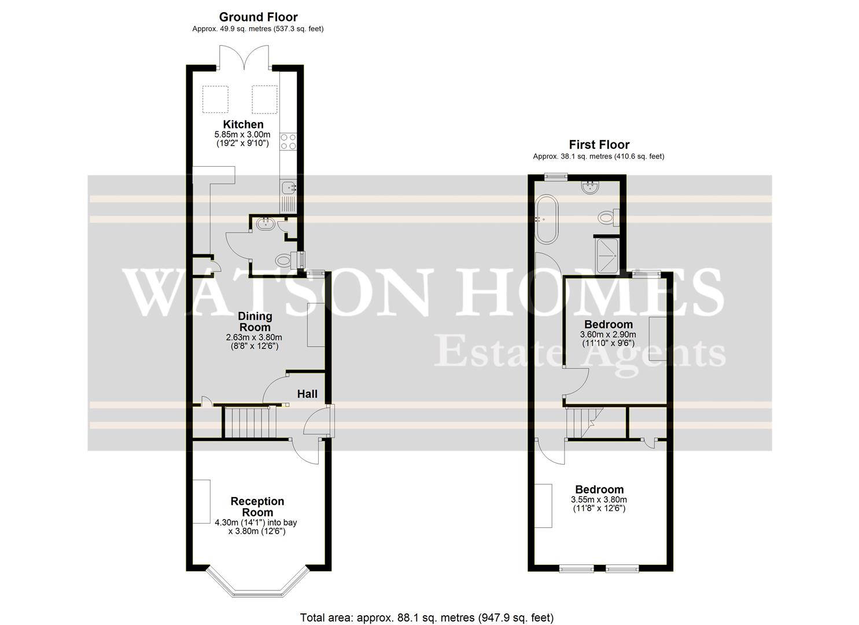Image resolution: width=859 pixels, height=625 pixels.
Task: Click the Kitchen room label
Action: click(x=243, y=124)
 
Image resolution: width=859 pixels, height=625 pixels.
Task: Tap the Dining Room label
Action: click(x=255, y=322)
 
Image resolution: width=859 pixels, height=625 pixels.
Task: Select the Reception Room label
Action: click(x=257, y=507)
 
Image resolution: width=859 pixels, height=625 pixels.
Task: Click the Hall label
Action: click(x=307, y=394)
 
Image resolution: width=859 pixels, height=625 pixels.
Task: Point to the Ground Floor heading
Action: click(x=258, y=17)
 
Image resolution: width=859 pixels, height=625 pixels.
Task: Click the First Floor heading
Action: click(x=599, y=145)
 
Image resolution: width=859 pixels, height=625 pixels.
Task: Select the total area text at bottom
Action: click(x=427, y=617)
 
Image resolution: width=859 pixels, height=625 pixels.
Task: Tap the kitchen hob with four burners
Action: click(x=287, y=142)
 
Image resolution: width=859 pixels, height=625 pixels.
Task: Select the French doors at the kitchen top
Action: click(x=244, y=58)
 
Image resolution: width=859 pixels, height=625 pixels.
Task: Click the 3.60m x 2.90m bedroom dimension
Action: click(x=608, y=335)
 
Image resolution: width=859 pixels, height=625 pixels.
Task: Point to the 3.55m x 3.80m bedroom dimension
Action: click(x=599, y=500)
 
